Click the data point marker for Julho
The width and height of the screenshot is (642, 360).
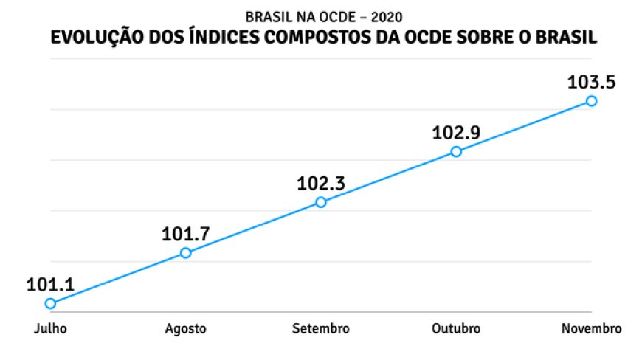(50, 303)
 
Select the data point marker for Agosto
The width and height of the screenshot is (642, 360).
(185, 253)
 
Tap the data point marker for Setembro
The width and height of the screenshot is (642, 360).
(321, 202)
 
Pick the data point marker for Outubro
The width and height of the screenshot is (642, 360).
(456, 151)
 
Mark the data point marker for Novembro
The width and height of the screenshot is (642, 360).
(591, 101)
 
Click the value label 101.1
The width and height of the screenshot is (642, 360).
(50, 284)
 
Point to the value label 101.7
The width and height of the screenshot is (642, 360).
(186, 234)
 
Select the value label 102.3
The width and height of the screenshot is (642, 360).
(321, 183)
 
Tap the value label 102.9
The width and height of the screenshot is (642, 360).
(456, 133)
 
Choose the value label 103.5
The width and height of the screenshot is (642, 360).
(591, 82)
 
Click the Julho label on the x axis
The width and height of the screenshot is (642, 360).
(50, 328)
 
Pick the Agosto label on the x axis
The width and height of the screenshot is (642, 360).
(186, 328)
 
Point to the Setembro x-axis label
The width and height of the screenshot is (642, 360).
(321, 328)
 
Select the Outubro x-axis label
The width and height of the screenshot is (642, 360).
(456, 328)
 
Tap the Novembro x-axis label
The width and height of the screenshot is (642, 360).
(591, 328)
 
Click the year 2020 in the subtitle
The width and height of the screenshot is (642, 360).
(387, 15)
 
